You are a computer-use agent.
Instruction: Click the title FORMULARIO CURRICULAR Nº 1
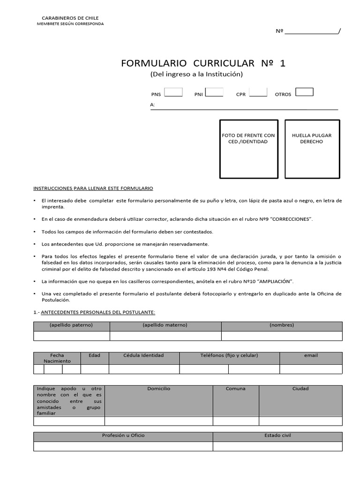(203, 63)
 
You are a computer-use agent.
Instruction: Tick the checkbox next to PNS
(173, 92)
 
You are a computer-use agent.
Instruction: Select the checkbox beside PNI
(214, 92)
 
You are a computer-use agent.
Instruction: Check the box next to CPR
(258, 92)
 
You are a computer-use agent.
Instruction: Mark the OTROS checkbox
(304, 92)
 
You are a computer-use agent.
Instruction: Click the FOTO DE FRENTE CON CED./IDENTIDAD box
(248, 149)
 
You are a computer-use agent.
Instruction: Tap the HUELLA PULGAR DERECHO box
(312, 149)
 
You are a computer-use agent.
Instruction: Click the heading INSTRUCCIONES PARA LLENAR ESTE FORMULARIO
(93, 188)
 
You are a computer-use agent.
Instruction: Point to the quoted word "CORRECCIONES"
(292, 219)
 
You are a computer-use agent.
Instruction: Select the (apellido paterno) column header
(71, 325)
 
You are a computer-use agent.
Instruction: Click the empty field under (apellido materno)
(165, 336)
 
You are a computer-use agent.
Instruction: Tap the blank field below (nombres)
(281, 336)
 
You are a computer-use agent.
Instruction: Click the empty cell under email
(310, 369)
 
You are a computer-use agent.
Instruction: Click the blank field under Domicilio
(158, 421)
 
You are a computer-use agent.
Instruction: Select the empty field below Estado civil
(277, 446)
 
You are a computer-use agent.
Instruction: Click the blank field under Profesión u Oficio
(123, 446)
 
